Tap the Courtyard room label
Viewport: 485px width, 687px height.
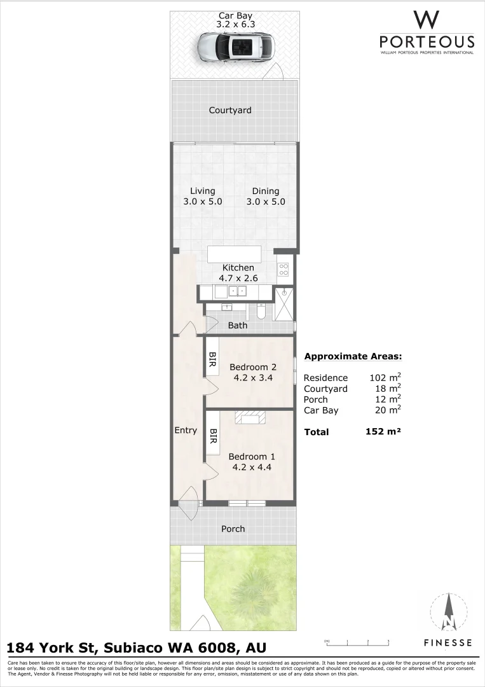230,110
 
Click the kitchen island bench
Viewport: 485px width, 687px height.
234,254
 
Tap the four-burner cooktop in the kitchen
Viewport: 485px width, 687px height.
283,270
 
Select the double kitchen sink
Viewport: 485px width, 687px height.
238,291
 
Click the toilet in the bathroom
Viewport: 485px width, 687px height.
261,311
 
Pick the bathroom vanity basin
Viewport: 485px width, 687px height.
226,308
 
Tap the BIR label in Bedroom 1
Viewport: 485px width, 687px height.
214,436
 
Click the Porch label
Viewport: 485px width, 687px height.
233,529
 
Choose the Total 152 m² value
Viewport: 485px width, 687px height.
383,432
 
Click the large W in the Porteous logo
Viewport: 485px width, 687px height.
427,20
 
